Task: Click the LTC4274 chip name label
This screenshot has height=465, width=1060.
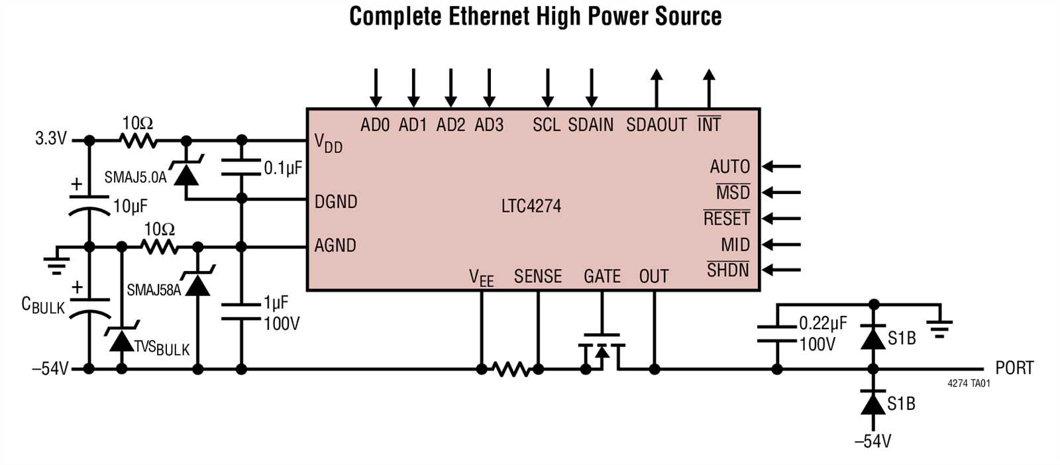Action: [x=531, y=206]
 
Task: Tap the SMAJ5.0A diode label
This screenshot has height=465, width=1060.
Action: [x=135, y=178]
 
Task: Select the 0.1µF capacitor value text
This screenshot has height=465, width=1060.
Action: [x=283, y=168]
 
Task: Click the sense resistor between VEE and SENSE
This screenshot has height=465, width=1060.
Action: [x=510, y=369]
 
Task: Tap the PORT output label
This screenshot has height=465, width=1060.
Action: [x=1014, y=368]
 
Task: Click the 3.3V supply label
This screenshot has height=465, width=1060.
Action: [x=51, y=139]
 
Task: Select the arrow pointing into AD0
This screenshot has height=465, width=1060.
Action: [x=376, y=87]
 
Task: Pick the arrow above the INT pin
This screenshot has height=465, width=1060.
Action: [x=709, y=87]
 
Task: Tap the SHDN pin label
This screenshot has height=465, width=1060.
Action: [x=728, y=270]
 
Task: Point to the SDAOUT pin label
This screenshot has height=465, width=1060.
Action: [x=656, y=125]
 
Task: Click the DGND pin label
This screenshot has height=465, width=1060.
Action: [x=336, y=201]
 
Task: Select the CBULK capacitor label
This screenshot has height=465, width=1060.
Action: [x=43, y=305]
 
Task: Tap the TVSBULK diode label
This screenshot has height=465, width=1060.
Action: [x=162, y=347]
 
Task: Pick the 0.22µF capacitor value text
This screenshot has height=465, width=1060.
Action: [x=823, y=323]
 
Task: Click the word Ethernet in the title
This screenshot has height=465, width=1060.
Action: [x=489, y=16]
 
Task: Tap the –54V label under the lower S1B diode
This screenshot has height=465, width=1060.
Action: [x=873, y=441]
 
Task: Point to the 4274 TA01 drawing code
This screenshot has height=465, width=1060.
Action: [x=969, y=384]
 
